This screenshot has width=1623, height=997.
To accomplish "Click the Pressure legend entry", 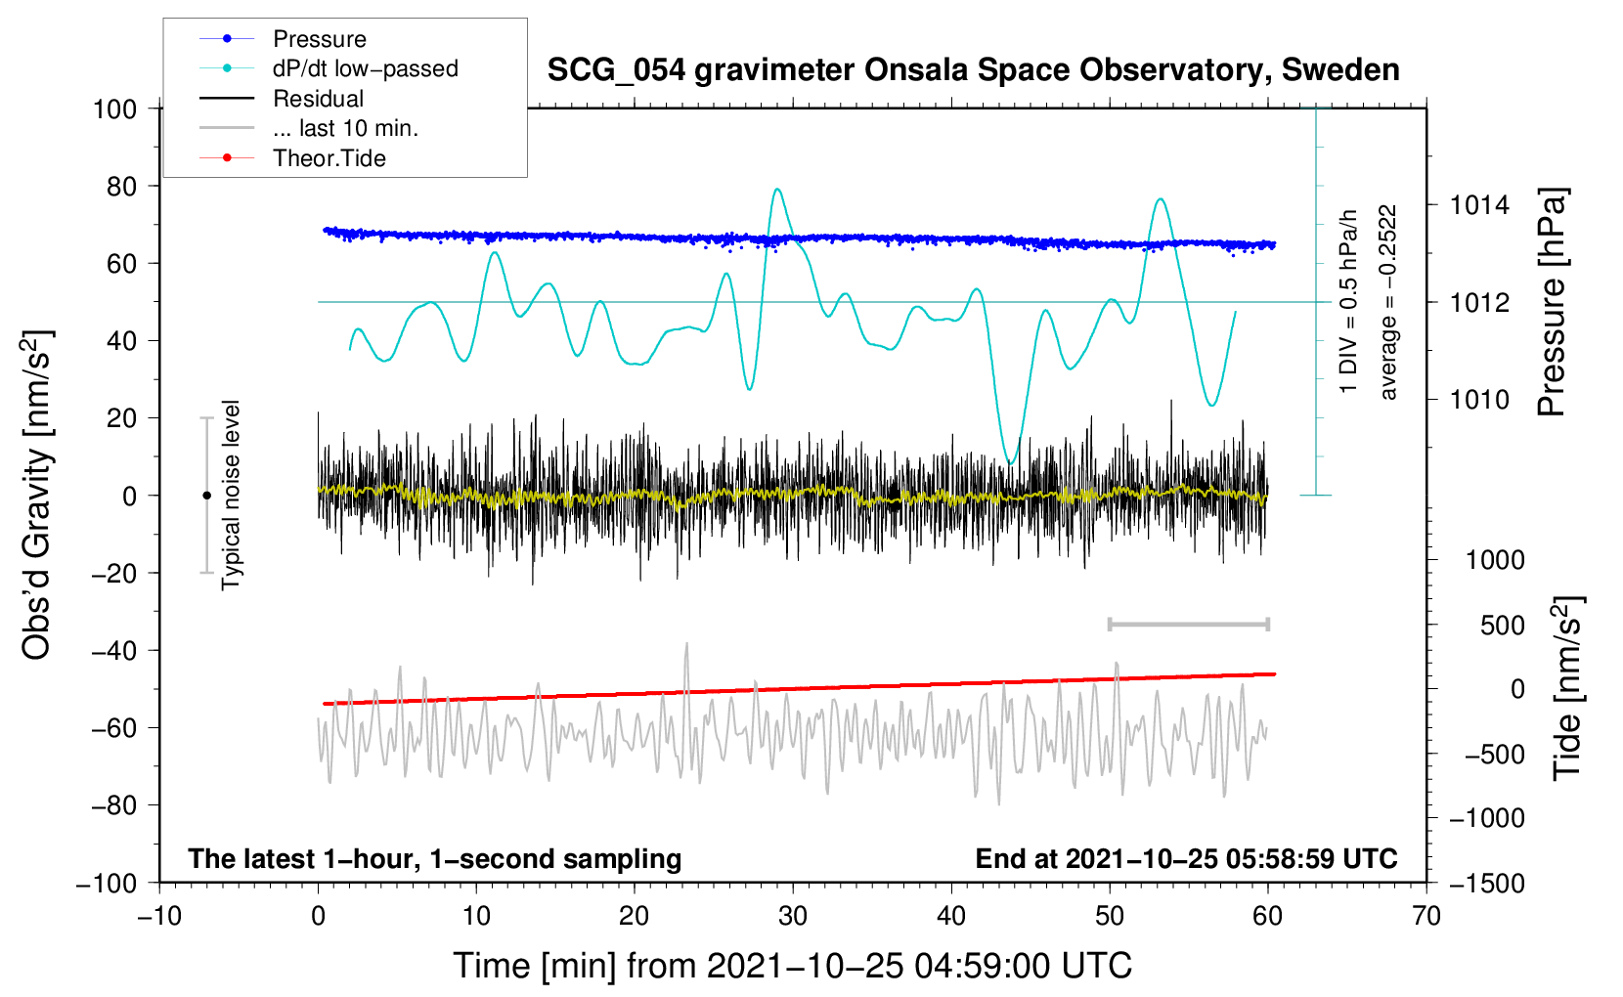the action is click(x=283, y=38).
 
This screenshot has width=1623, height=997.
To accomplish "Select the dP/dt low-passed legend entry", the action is click(x=329, y=68).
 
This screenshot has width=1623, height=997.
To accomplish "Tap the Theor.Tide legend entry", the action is click(x=292, y=158).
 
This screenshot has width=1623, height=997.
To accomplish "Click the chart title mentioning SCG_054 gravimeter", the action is click(x=973, y=70).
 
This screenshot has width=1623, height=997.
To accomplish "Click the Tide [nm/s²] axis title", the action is click(x=1568, y=688).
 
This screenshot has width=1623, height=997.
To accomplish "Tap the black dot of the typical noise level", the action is click(x=206, y=496).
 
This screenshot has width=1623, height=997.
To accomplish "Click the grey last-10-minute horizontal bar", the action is click(x=1188, y=624).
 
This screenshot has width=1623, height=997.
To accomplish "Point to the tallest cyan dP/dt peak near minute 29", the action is click(x=777, y=190).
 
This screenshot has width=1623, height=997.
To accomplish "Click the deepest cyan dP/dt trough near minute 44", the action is click(x=1010, y=462).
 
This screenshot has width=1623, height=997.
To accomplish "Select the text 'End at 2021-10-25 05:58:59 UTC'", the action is click(x=1186, y=858).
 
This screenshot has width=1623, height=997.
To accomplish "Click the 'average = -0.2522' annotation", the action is click(x=1386, y=301).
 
